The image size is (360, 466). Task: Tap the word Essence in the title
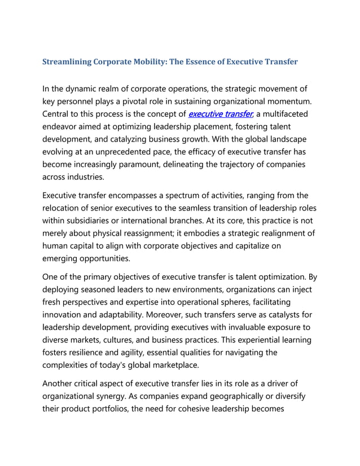(199, 61)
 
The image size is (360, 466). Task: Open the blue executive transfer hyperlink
(221, 114)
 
